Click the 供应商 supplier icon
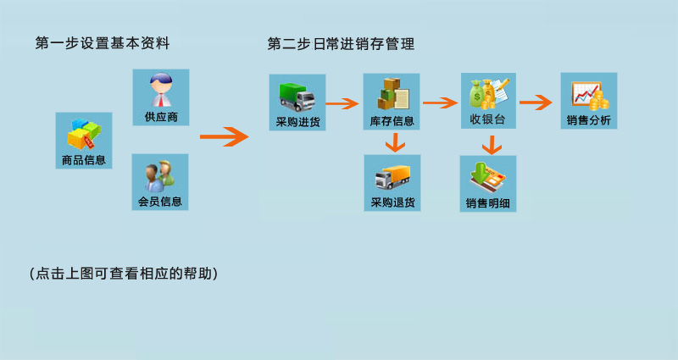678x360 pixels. point(161,91)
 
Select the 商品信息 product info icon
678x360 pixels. point(84,133)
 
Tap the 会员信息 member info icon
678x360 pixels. point(161,174)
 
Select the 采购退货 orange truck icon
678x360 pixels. point(392,175)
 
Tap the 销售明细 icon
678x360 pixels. point(487,175)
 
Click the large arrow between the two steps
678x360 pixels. point(224,136)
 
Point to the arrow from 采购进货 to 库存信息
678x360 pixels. point(343,104)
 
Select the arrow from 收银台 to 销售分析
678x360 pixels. point(536,103)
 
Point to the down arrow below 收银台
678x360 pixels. point(488,146)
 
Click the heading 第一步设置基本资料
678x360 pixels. point(103,43)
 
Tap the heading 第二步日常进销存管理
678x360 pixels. point(341,43)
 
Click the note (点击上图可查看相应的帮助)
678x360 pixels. point(124,274)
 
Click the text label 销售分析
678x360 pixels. point(588,120)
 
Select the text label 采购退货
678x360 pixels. point(392,202)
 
